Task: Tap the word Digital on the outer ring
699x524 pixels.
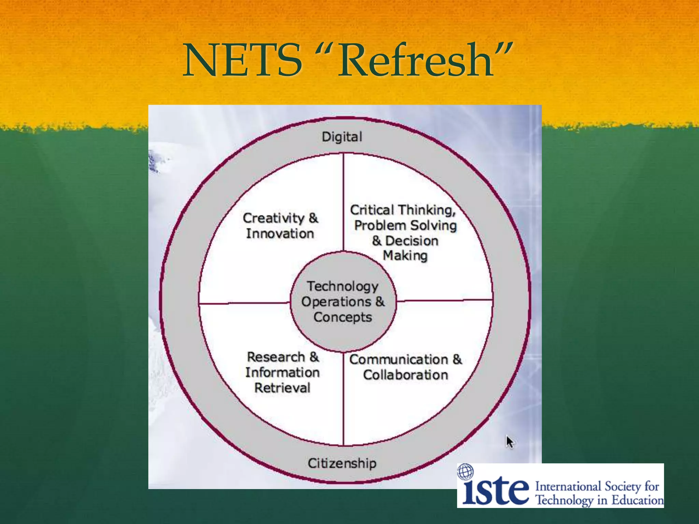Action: [x=342, y=137]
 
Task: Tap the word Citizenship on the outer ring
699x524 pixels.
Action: [x=342, y=463]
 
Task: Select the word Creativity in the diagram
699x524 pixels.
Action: [x=273, y=218]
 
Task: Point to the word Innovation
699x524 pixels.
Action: [x=280, y=234]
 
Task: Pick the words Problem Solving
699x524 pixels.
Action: [x=405, y=225]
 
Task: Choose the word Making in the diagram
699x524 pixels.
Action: [x=405, y=256]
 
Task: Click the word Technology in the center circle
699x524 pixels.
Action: [x=343, y=287]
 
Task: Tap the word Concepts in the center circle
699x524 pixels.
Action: [x=343, y=317]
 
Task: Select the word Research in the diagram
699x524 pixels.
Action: [x=276, y=357]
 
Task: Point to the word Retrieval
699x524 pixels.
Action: [x=282, y=388]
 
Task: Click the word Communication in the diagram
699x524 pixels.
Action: [x=398, y=360]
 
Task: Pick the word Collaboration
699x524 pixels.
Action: [x=405, y=375]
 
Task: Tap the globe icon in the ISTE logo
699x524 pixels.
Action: [x=465, y=472]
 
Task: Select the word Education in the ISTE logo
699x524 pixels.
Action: [x=637, y=500]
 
